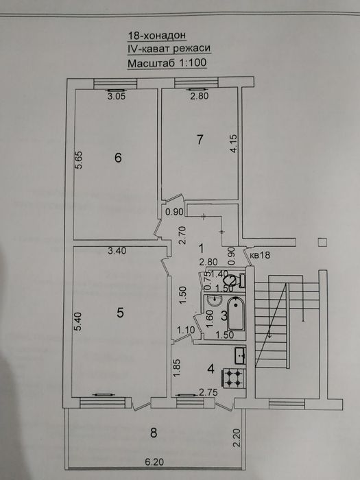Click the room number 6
coord(118,158)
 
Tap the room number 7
coord(200,140)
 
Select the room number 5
coord(120,313)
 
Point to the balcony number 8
coord(154,432)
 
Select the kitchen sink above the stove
coord(240,355)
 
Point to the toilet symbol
coord(233,280)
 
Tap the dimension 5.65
coord(79,160)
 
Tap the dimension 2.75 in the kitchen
coord(207,392)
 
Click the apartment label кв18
coord(260,256)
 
